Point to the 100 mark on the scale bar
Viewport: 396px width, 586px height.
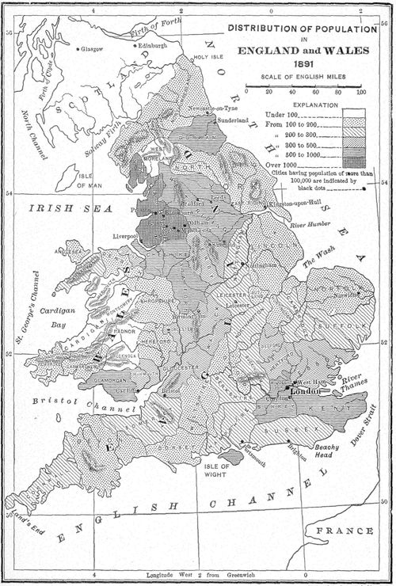[361, 92]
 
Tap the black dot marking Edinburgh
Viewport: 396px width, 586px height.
[135, 46]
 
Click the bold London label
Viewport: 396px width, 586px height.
[305, 392]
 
